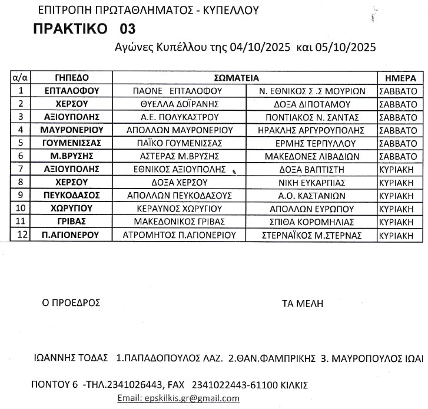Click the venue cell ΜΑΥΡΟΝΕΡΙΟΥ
(72, 130)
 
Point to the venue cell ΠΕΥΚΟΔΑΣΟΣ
(72, 194)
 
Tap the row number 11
(21, 221)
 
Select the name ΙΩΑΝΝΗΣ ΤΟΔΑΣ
(71, 358)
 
